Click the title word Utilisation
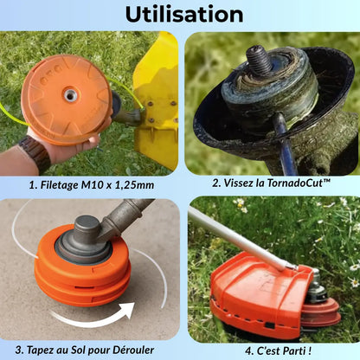coord(184,14)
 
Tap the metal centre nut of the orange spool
coord(70,95)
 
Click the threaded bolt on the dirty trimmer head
coord(258,60)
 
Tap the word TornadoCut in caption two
coord(298,183)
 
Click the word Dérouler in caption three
coord(133,350)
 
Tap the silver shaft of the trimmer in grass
coord(240,238)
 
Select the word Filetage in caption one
coord(59,185)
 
